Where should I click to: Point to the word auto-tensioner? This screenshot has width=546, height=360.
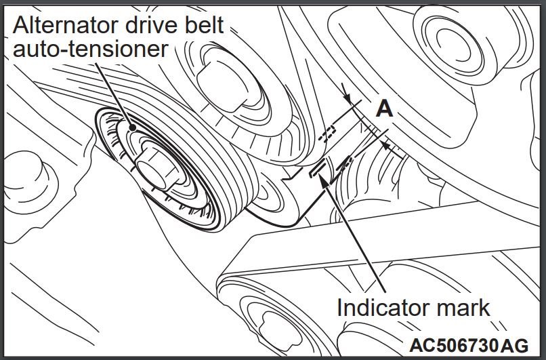(x=91, y=49)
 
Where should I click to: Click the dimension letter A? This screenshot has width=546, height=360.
(x=384, y=108)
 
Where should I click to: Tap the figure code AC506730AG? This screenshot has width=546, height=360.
(x=469, y=345)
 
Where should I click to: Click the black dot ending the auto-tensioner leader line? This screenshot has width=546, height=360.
(x=132, y=128)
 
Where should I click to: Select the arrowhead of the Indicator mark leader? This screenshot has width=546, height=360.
(x=324, y=180)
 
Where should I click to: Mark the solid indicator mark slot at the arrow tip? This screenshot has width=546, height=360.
(x=318, y=168)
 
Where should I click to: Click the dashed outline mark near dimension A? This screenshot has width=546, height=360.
(x=327, y=134)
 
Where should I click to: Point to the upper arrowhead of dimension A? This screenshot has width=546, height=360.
(x=347, y=98)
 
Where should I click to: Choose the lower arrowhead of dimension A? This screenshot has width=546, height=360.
(x=385, y=144)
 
